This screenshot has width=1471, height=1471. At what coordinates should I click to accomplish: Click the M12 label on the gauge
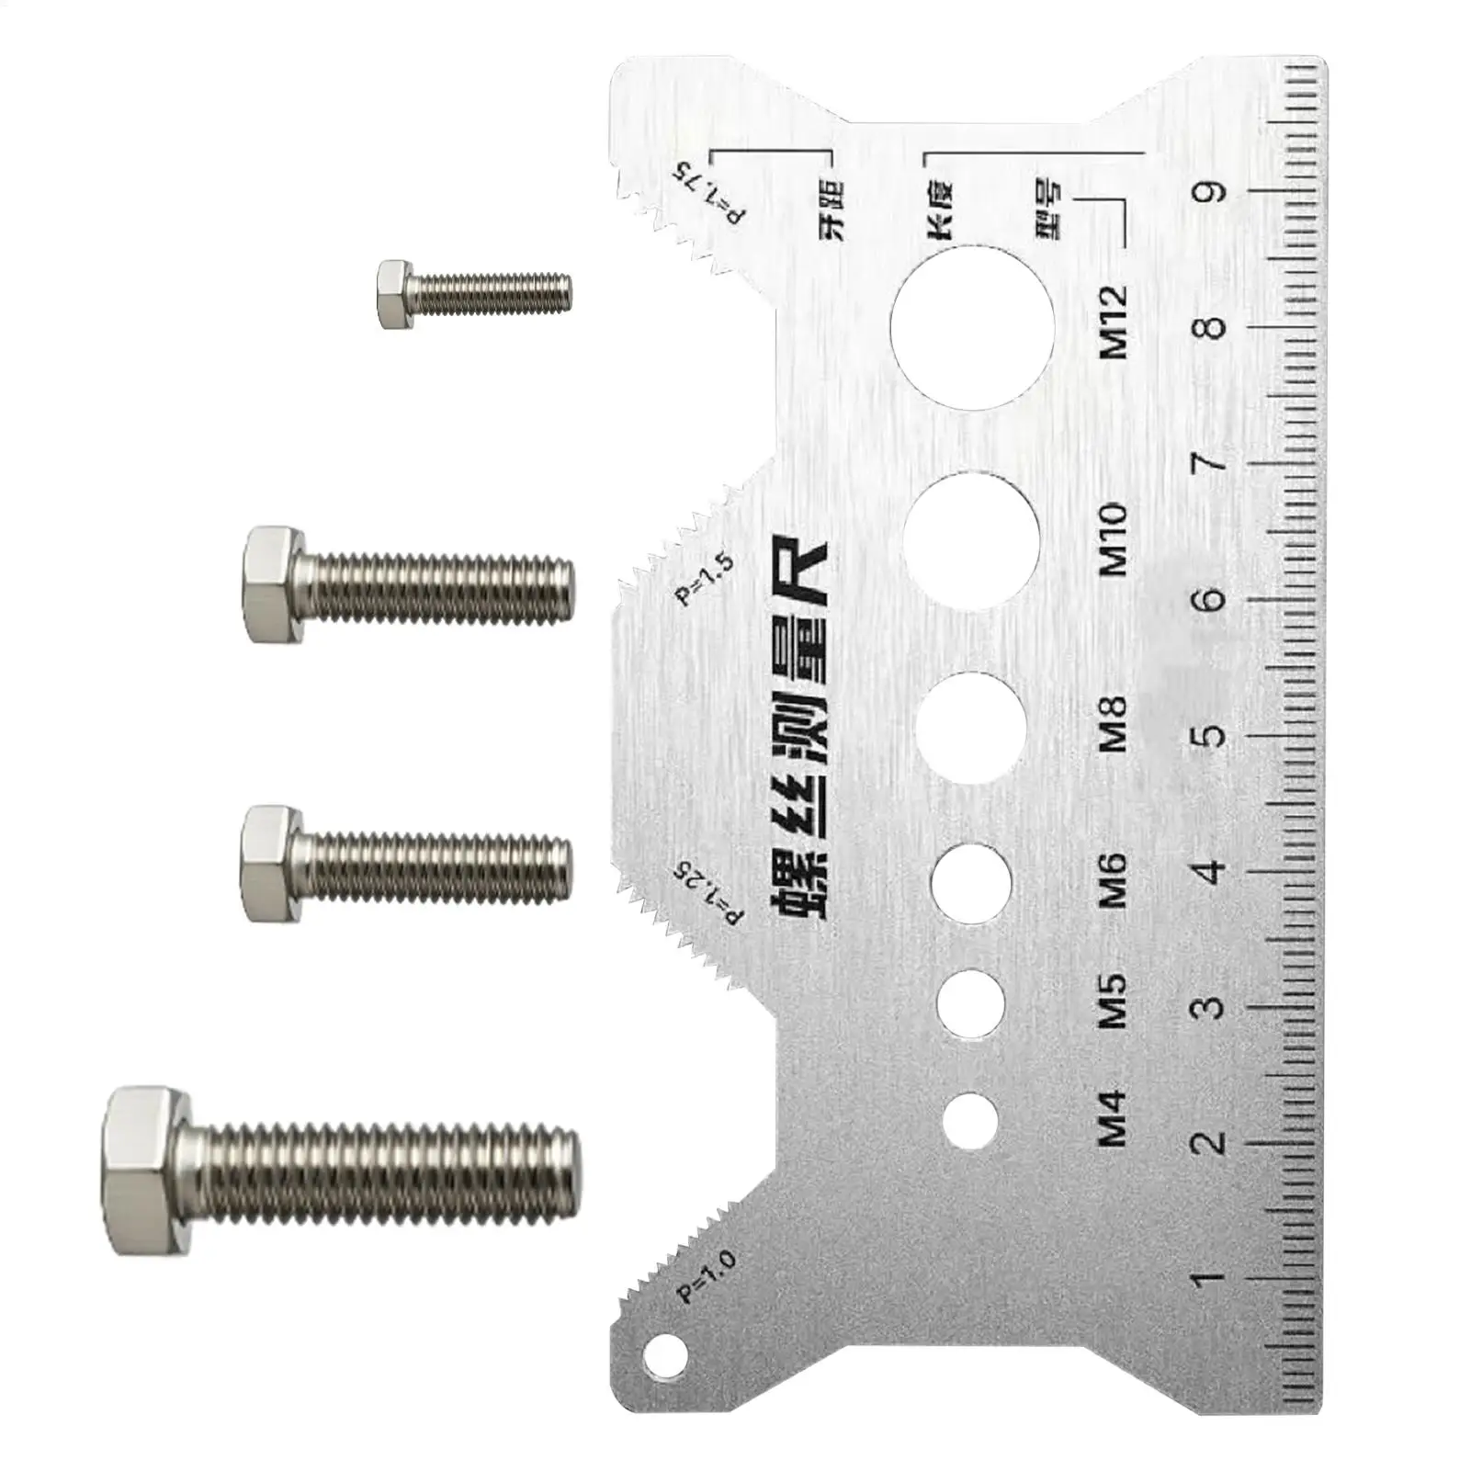[1114, 322]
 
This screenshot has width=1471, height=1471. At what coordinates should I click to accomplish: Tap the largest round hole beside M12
[973, 326]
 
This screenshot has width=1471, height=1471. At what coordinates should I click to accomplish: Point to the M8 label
[1114, 723]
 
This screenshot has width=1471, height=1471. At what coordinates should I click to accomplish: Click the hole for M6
[971, 883]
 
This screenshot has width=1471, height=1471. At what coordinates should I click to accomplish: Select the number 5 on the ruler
[1211, 736]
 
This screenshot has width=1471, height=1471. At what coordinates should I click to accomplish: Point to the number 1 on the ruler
[1211, 1277]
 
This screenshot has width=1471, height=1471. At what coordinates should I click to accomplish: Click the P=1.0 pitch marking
[707, 1277]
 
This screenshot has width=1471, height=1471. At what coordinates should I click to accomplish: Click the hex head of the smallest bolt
[396, 294]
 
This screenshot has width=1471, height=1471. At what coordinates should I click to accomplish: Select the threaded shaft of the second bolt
[441, 584]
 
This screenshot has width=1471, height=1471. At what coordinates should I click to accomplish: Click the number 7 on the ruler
[1211, 461]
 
